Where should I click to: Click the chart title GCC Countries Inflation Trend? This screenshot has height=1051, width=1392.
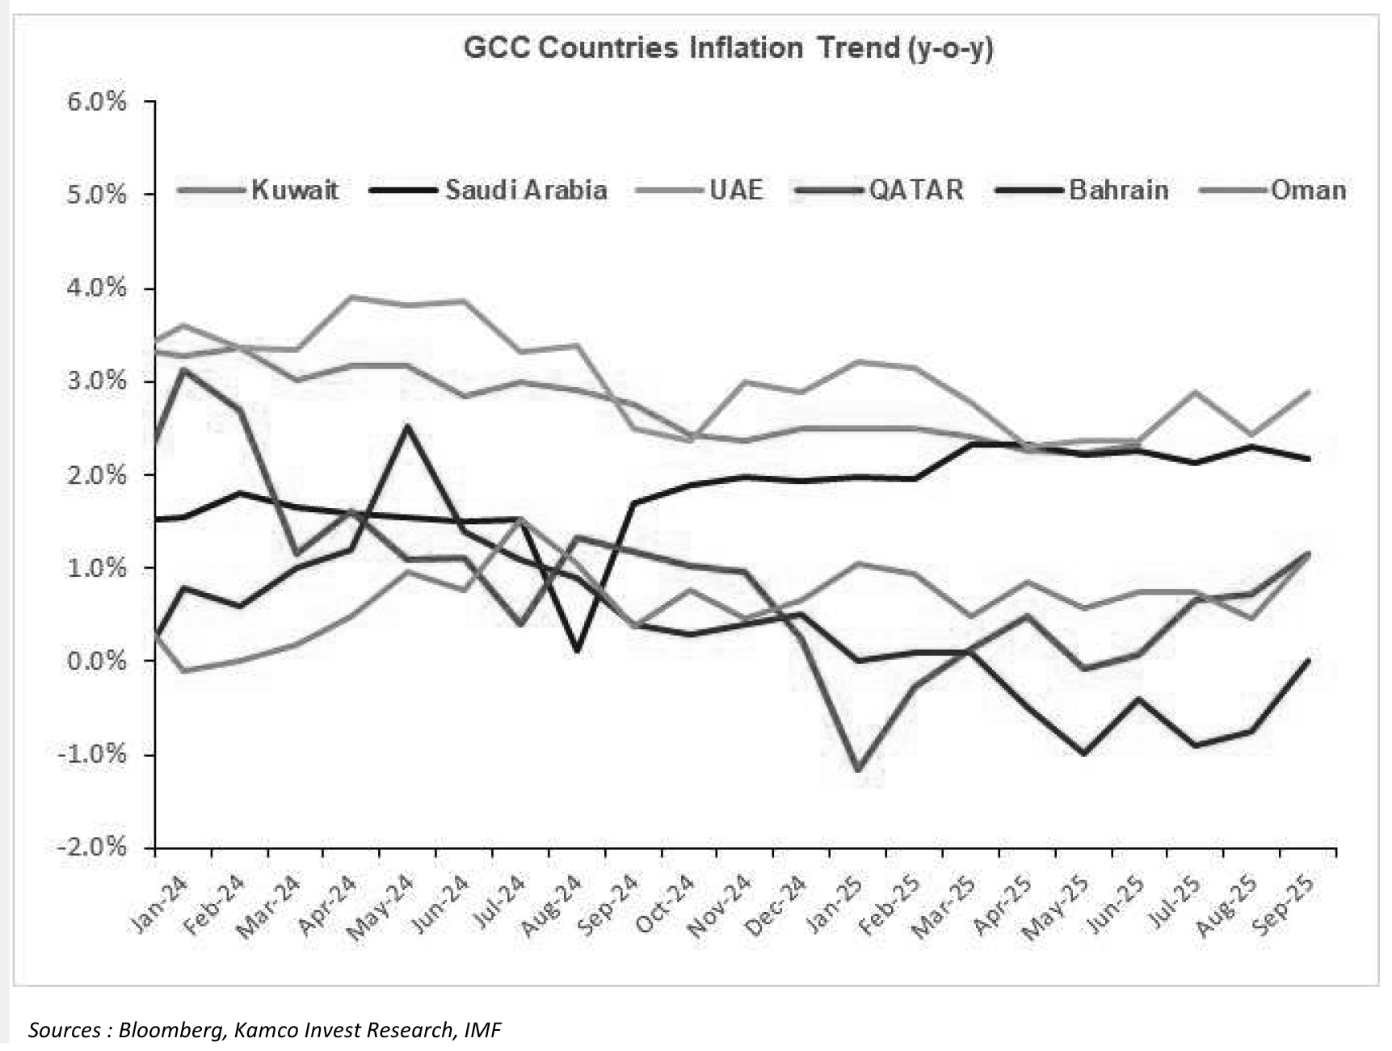[x=728, y=48]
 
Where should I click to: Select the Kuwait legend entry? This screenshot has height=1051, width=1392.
[x=294, y=191]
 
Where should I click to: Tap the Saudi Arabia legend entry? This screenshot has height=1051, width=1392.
[x=525, y=191]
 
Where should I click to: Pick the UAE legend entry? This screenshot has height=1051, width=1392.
[x=735, y=191]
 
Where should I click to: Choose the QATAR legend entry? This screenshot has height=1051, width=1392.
[x=915, y=191]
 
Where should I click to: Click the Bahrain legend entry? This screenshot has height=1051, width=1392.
[x=1118, y=191]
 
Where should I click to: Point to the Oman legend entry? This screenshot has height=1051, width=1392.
[x=1307, y=191]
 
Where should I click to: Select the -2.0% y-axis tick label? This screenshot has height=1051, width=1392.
[x=93, y=848]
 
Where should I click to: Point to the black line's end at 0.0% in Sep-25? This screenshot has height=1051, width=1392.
[x=1308, y=660]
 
